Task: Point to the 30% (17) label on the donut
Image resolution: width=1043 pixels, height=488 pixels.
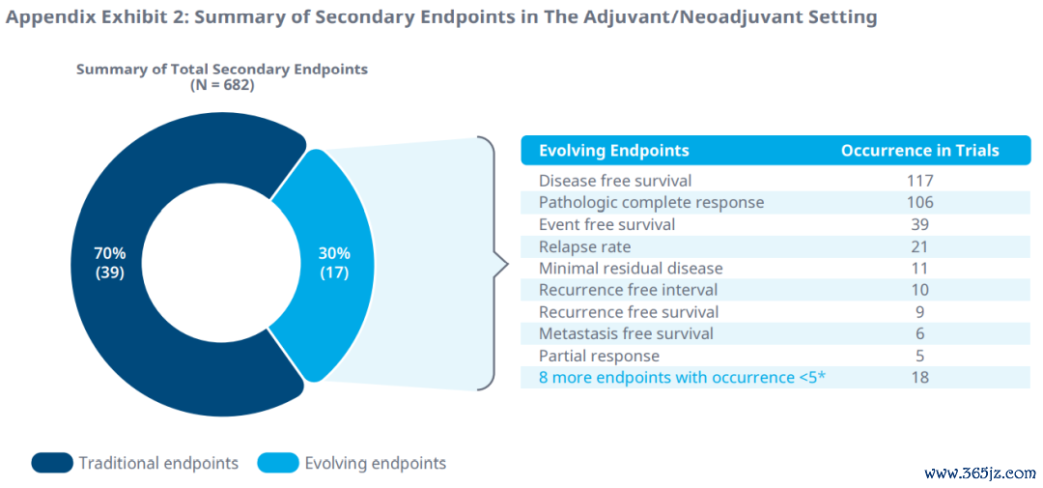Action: click(334, 263)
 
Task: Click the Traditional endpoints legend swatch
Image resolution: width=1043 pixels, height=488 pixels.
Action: click(52, 463)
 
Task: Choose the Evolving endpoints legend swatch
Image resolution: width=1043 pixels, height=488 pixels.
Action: click(277, 463)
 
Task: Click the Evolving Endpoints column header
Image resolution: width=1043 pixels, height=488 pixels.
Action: click(614, 151)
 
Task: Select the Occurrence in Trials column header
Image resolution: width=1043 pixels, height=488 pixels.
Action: click(920, 151)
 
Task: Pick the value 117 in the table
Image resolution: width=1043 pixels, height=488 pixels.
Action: click(920, 181)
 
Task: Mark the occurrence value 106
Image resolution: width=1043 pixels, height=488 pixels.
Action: click(920, 202)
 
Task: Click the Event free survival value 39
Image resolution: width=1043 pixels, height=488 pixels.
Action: click(920, 224)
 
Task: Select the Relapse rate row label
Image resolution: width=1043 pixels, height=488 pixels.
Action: click(584, 246)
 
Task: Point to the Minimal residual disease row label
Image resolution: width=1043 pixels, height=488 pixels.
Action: click(631, 269)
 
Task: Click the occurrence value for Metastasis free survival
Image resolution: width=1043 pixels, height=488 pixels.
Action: click(920, 333)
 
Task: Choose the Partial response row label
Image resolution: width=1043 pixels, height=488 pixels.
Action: click(599, 356)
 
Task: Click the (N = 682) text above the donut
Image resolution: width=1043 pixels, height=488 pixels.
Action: click(222, 85)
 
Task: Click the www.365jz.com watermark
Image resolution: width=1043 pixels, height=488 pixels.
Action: click(980, 474)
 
